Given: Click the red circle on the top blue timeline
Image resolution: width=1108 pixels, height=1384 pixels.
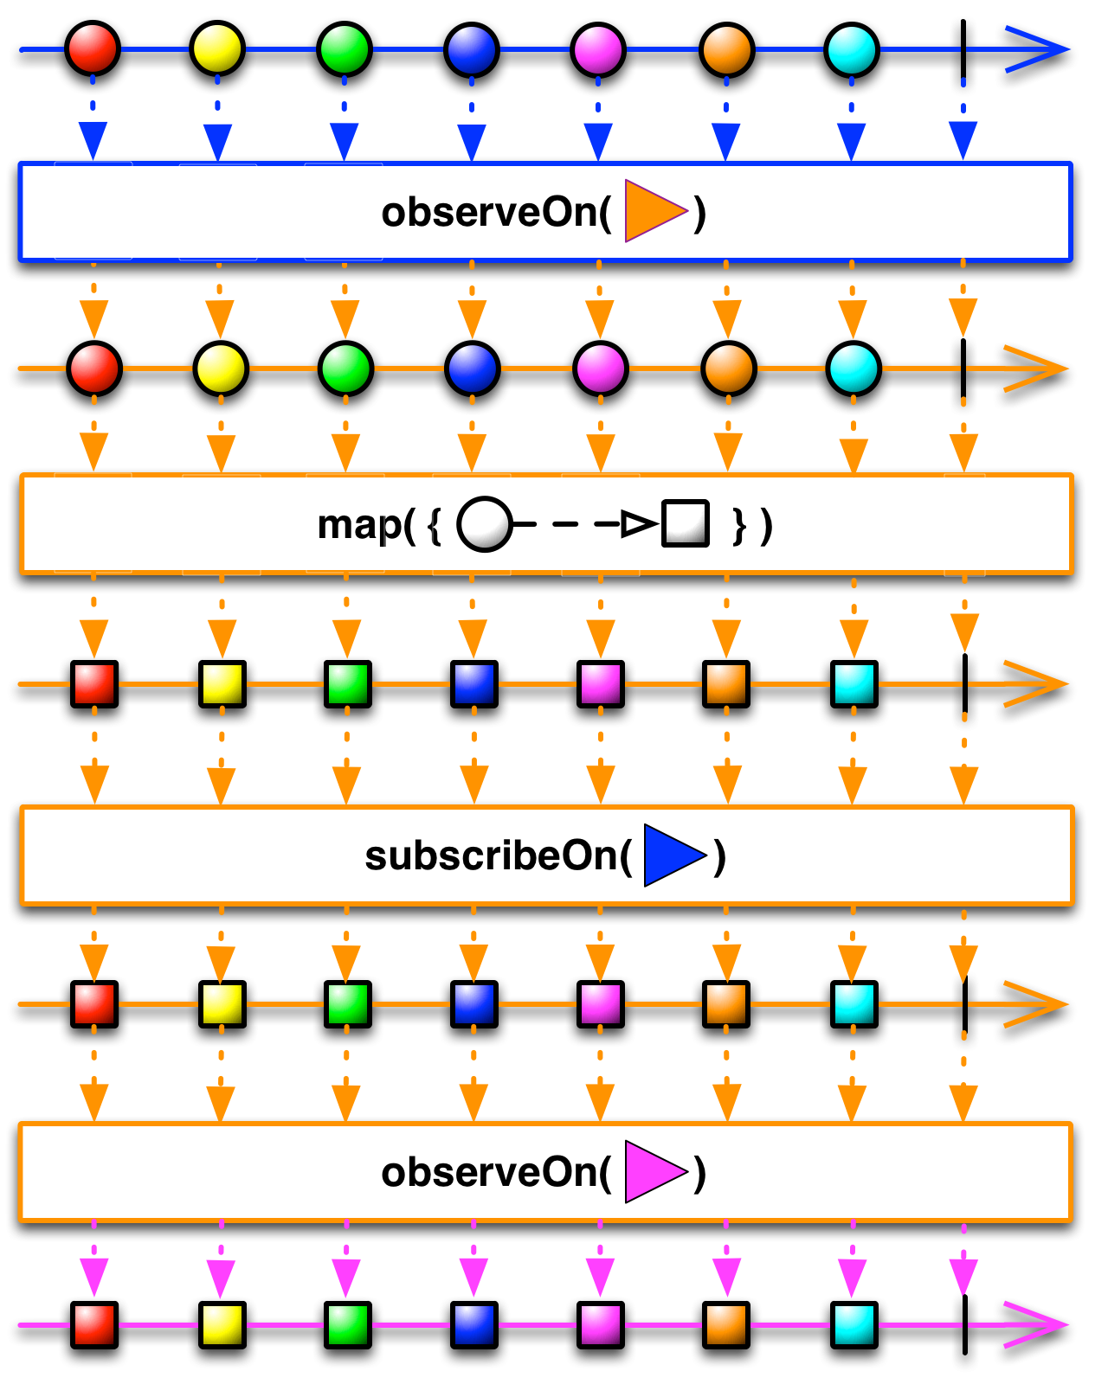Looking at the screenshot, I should [x=93, y=48].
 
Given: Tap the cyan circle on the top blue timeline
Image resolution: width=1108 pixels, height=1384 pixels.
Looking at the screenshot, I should [x=852, y=49].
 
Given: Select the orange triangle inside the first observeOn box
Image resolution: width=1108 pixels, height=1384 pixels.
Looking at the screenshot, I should [x=654, y=210].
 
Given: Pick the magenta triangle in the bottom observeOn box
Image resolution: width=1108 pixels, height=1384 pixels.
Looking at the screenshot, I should [x=654, y=1172].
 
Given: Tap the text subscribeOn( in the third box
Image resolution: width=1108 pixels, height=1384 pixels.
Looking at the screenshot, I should [x=498, y=855].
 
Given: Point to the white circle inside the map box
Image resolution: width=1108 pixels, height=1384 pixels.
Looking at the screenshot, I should [x=484, y=524].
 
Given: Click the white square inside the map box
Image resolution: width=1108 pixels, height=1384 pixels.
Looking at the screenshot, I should [x=686, y=523].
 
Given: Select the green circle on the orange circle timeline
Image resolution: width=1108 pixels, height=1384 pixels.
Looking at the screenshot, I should [x=345, y=368].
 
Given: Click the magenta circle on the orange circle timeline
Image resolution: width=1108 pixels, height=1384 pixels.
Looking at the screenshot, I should [x=600, y=368].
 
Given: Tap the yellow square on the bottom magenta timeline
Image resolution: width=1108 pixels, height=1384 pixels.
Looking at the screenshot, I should [x=222, y=1324].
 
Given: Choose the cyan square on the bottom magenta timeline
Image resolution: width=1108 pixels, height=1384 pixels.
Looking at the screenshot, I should [x=854, y=1324].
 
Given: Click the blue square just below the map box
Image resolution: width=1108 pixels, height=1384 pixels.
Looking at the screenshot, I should [x=474, y=683].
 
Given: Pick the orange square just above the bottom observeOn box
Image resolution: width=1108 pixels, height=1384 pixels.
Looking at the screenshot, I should [x=726, y=1003].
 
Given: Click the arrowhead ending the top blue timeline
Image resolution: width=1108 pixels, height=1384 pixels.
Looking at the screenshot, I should [x=1039, y=49].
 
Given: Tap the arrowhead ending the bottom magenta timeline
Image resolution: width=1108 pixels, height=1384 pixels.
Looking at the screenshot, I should [x=1039, y=1324].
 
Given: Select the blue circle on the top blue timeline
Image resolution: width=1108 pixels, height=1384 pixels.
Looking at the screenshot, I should [x=472, y=49].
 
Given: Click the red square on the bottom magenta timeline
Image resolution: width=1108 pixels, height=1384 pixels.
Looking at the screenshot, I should [x=94, y=1324].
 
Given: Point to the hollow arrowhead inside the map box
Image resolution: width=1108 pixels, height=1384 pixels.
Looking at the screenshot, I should [x=639, y=524].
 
